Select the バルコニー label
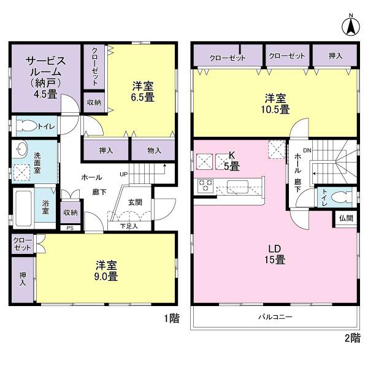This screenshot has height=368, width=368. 274,317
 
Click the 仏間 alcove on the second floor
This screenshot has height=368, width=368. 345,218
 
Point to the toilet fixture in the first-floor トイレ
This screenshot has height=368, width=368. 28,127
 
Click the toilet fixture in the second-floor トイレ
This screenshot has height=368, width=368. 341,197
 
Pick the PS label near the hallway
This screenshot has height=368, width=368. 70,229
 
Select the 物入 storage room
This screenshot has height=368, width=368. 154,150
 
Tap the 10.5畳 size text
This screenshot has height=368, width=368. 278,109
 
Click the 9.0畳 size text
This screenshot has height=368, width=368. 106,277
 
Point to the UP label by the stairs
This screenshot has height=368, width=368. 123,174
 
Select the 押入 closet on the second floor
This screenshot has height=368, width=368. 335,56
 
